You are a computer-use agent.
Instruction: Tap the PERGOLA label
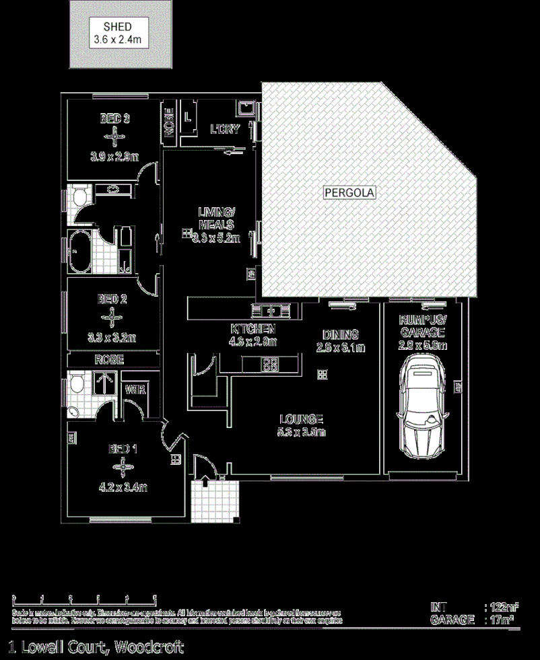coord(349,192)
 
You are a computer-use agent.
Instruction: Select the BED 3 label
coord(114,119)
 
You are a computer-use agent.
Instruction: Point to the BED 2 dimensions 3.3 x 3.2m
coord(113,337)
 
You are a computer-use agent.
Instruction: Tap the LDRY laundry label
coord(224,129)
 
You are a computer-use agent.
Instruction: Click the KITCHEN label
coord(253,329)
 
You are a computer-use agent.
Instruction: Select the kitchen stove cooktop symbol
coord(270,365)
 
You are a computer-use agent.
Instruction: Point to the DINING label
coord(340,334)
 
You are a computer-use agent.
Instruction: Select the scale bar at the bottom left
coord(84,597)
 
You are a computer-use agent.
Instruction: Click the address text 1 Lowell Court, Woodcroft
coord(95,647)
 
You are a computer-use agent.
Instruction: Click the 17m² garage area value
coord(501,620)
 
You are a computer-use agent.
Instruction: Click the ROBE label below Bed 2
coord(108,360)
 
